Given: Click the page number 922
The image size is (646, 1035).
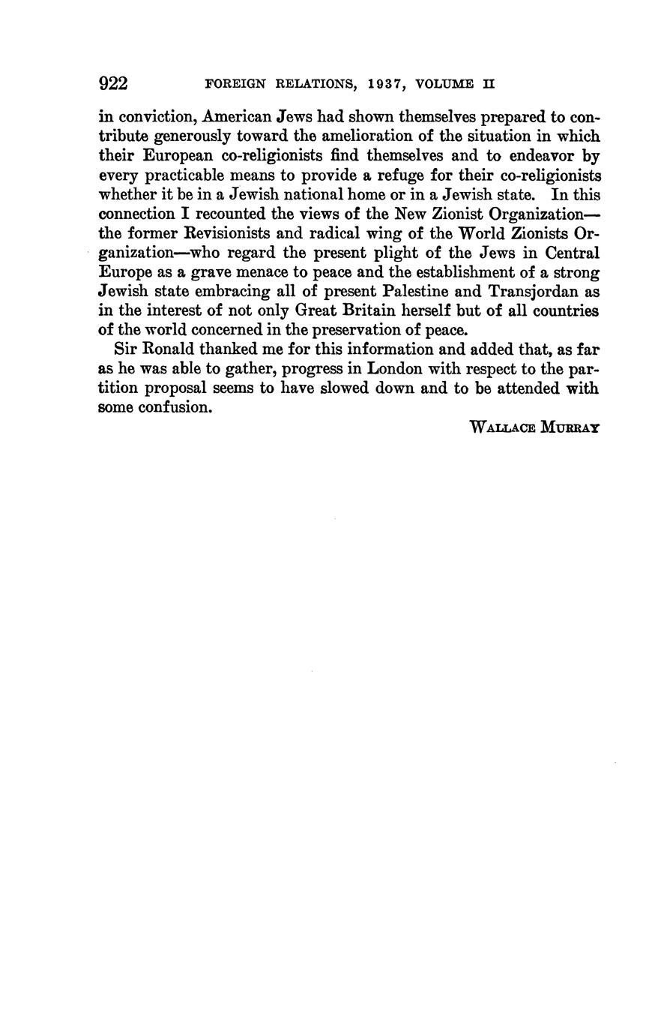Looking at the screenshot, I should click(x=113, y=83).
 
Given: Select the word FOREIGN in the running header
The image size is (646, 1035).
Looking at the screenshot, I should click(x=235, y=85).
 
